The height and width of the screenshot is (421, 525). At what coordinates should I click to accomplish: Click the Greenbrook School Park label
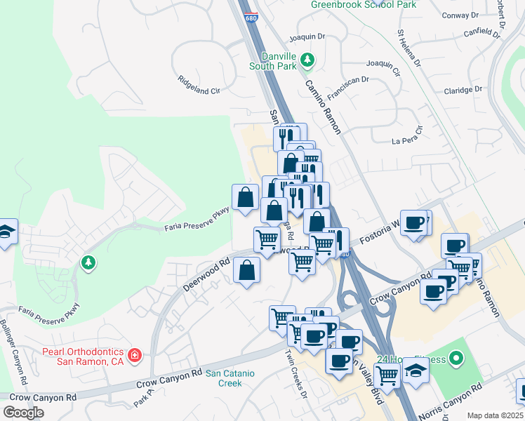364,4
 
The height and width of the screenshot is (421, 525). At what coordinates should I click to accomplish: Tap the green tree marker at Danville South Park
307,61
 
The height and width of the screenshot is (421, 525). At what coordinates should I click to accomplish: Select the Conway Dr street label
460,15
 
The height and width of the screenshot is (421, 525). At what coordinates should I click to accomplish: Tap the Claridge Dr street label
463,90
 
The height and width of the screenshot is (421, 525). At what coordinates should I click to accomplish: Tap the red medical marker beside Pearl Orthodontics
134,356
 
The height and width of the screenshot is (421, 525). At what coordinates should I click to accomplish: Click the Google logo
23,413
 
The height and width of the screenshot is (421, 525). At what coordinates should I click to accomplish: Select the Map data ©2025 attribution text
495,415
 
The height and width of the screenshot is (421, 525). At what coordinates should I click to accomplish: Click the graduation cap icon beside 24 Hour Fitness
415,370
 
